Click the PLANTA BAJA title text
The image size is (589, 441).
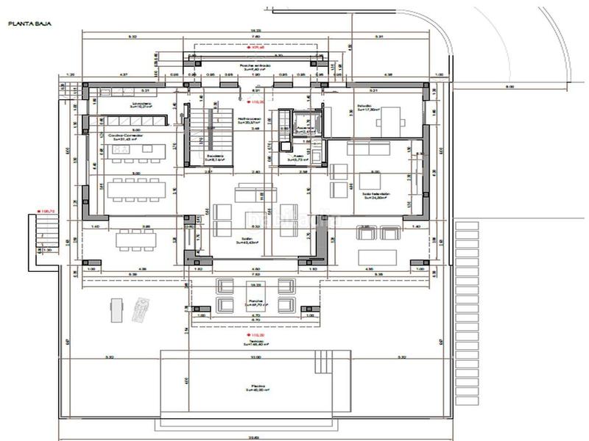pyautogui.click(x=24, y=24)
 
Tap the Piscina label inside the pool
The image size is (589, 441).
pyautogui.click(x=255, y=386)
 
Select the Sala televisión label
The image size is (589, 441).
pyautogui.click(x=375, y=196)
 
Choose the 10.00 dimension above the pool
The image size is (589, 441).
pyautogui.click(x=255, y=357)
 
